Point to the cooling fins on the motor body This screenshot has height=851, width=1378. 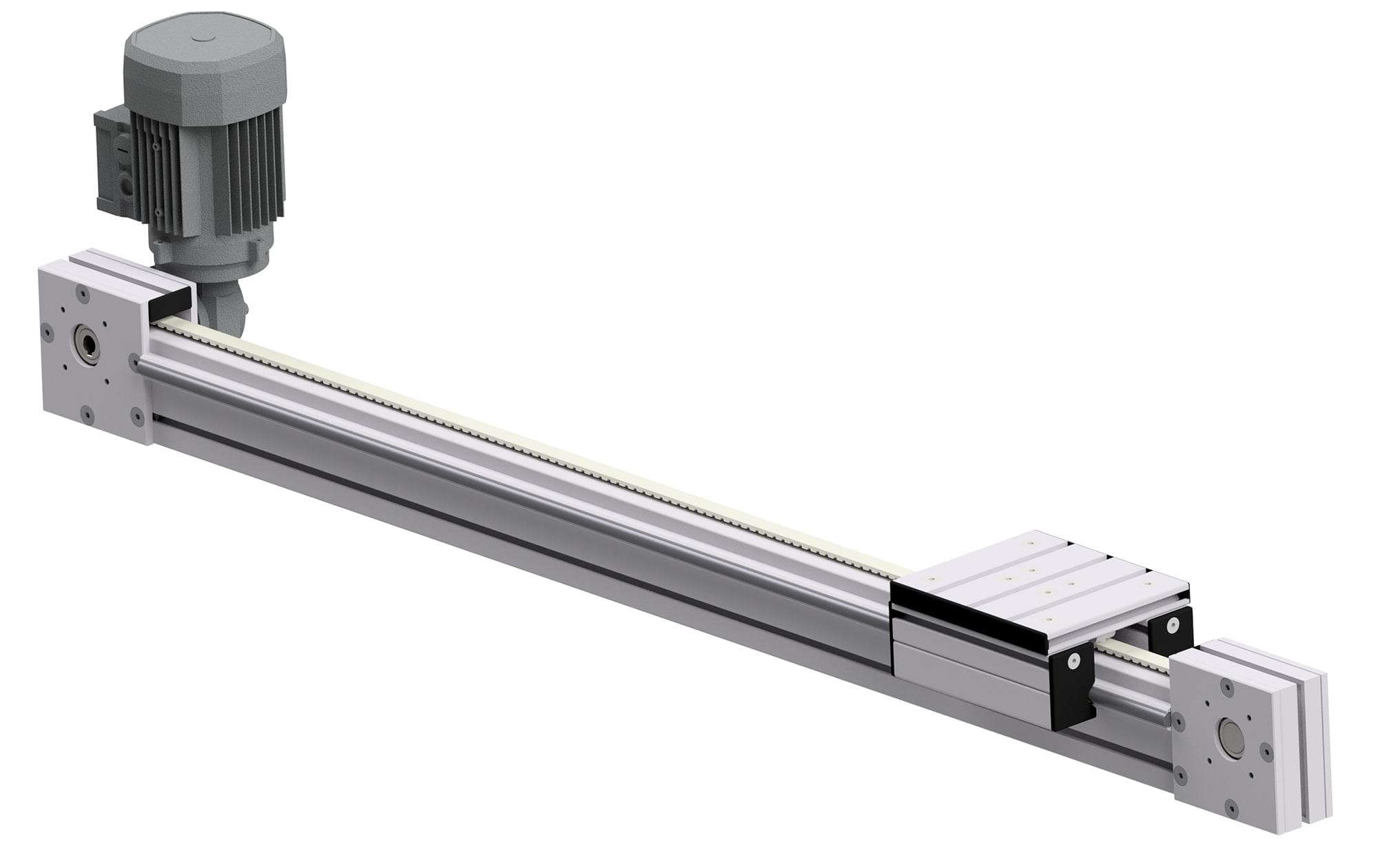pyautogui.click(x=207, y=172)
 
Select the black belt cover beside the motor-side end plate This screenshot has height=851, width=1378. pyautogui.click(x=169, y=303)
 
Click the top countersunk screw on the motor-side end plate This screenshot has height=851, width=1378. pyautogui.click(x=83, y=296)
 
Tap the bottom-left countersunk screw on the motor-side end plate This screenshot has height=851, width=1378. pyautogui.click(x=87, y=413)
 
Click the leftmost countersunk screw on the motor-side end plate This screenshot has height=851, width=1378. pyautogui.click(x=48, y=333)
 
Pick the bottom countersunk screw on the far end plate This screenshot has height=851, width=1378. pyautogui.click(x=1230, y=805)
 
